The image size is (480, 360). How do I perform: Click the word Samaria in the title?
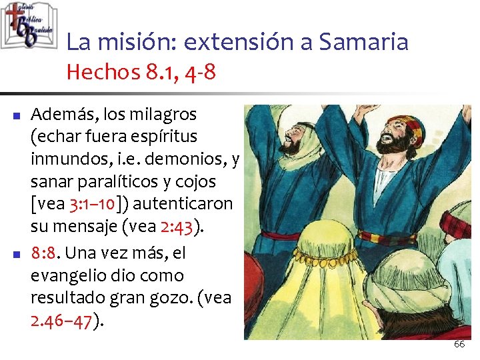[363, 42]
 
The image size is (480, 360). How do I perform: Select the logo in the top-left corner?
[28, 25]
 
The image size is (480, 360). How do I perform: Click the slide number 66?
[459, 344]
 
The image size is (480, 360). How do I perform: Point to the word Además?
[61, 113]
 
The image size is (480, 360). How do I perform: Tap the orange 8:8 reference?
[43, 253]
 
